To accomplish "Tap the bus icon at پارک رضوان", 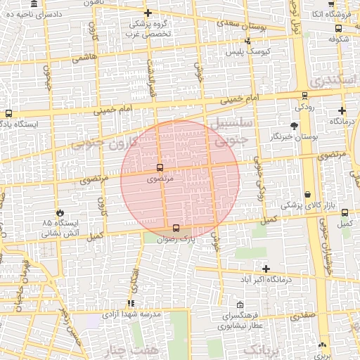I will pos(176,228).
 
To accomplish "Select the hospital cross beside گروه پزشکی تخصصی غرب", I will pos(148,13).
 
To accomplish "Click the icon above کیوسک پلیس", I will pos(247,42).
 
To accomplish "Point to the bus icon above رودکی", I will pos(304,96).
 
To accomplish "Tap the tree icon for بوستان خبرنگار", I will pos(294,126).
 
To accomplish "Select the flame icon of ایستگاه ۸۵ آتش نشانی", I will pos(60,212).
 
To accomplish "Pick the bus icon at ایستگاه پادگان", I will pos(8,113).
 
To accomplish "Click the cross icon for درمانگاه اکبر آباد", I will pos(266,269).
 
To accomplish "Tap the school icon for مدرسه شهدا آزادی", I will pos(130,303).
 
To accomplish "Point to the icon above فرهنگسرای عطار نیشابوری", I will pos(240,305).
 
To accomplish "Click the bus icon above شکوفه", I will pos(338,29).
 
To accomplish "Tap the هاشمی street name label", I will pos(83,58).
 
